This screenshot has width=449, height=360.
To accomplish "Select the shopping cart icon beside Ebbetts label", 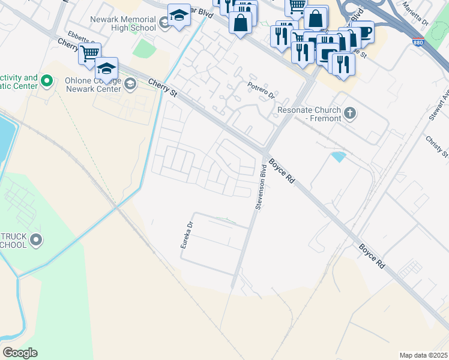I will [89, 53].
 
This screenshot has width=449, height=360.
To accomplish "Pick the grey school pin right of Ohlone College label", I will [130, 84].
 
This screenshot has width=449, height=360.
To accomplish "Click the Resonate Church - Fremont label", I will [309, 114].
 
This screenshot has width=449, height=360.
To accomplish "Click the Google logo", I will [20, 352].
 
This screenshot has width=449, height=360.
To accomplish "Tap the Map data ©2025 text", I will [422, 355].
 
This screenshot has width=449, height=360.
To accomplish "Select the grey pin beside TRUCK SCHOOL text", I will [36, 241].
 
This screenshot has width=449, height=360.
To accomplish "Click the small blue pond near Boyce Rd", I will [339, 157].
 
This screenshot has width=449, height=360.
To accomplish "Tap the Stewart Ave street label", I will [439, 106].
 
